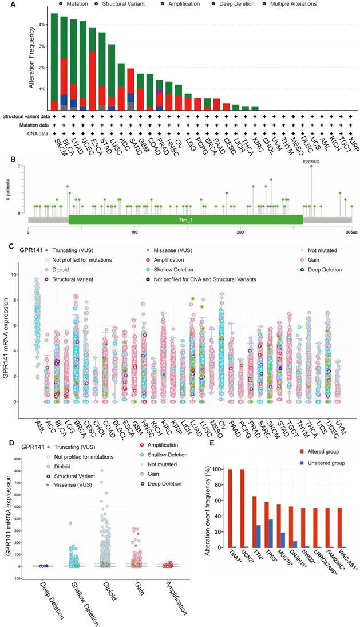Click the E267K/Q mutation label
[311, 162]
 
